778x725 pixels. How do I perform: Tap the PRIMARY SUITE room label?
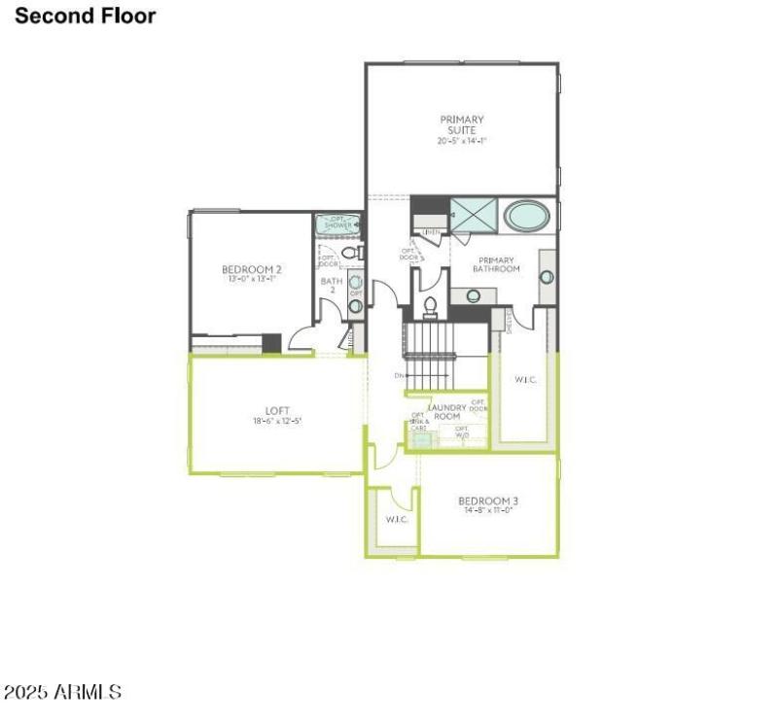pos(461,124)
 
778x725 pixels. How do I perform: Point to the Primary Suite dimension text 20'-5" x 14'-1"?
pos(461,141)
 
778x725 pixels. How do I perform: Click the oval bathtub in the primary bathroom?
pos(526,215)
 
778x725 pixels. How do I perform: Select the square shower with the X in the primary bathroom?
pos(474,216)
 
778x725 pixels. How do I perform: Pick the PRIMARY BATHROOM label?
pos(496,264)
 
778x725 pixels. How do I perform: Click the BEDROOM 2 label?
pos(251,269)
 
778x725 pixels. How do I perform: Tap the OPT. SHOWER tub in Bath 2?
pos(338,224)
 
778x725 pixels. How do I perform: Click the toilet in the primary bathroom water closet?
pos(431,304)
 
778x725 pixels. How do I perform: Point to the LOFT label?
pos(277,411)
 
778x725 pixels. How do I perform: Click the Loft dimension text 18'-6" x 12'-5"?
pos(277,422)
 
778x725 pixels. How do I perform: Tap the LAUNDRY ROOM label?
pos(446,412)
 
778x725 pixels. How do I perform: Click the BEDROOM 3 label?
pos(487,501)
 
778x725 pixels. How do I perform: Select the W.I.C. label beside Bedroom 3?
pos(397,519)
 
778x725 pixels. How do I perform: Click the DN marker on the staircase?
pos(400,376)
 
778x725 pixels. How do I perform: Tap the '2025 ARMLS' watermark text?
pos(62,693)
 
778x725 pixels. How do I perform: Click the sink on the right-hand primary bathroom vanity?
pos(547,277)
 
